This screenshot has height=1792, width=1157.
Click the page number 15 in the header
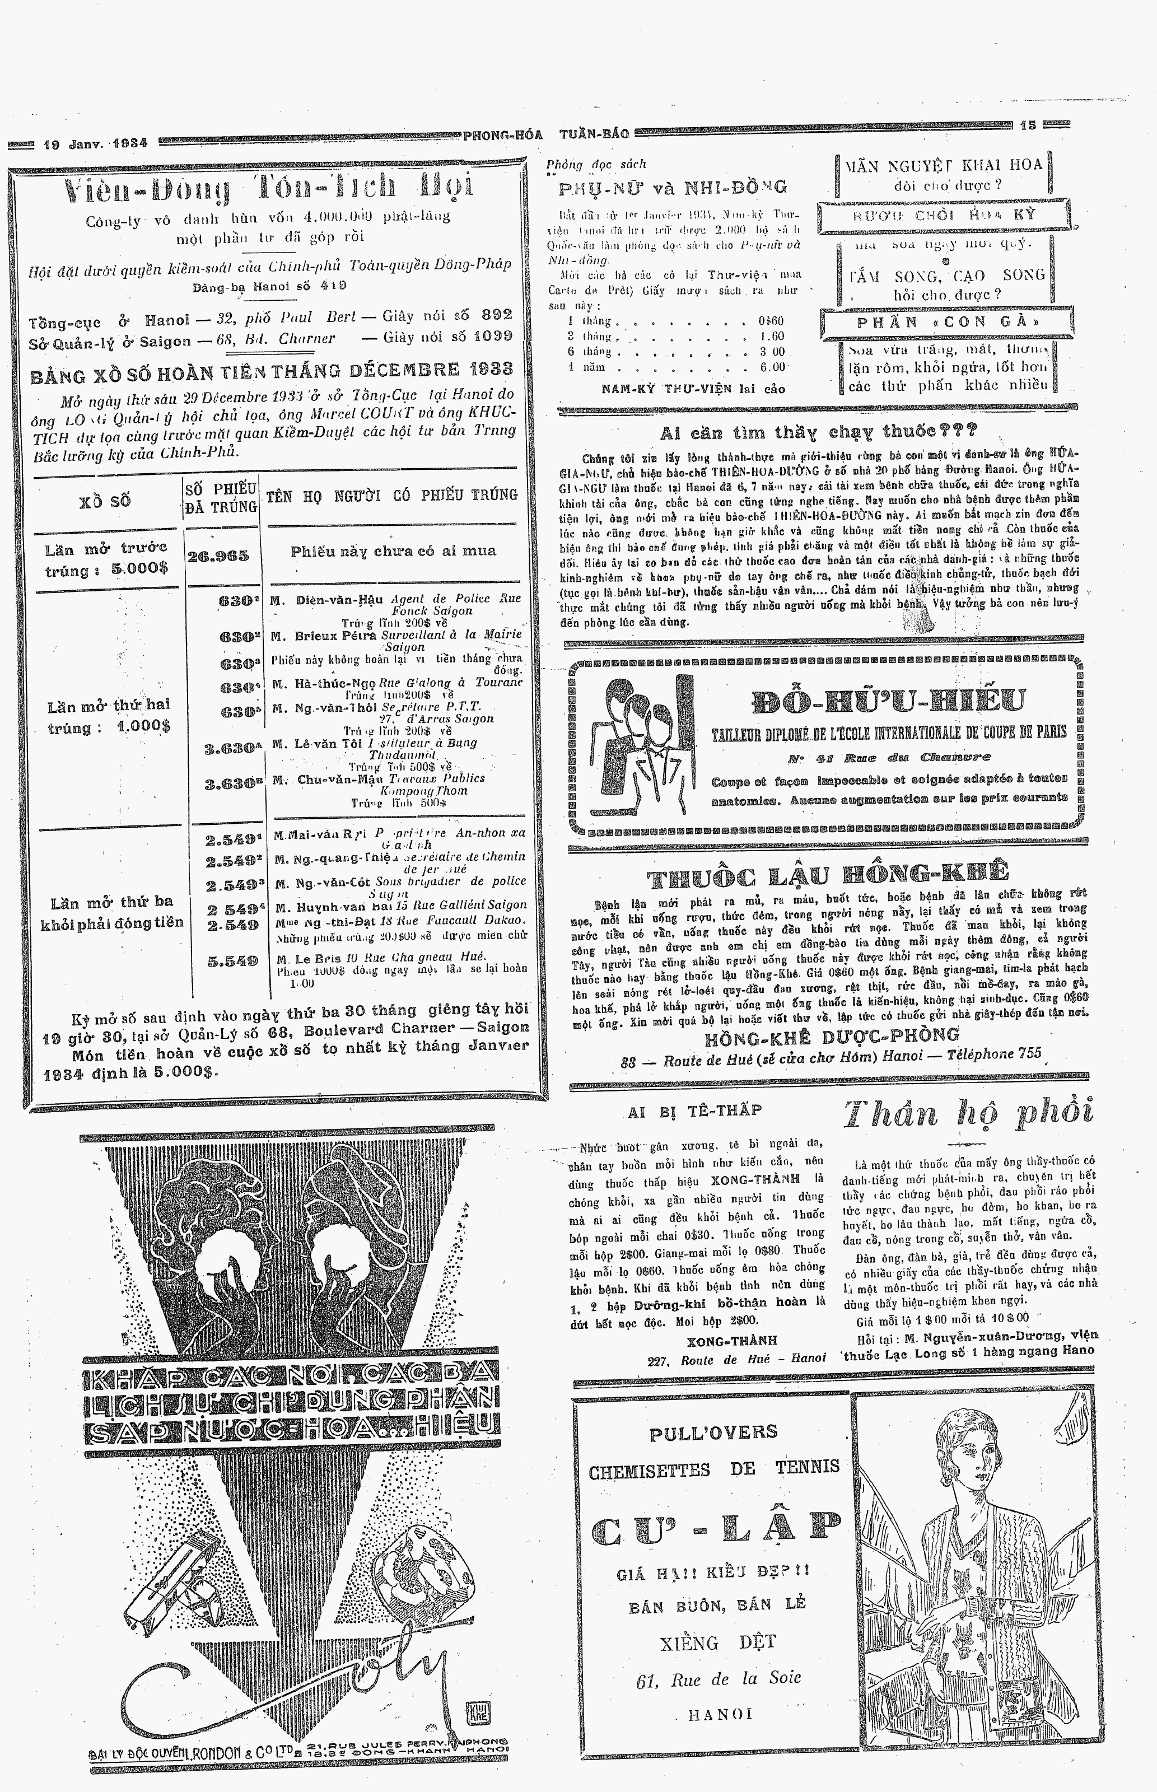(x=1027, y=125)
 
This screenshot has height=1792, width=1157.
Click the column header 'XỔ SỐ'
(x=104, y=501)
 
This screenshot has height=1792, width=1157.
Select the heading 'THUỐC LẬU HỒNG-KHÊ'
(x=827, y=875)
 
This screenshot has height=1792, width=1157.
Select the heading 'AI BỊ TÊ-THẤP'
(x=695, y=1111)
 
